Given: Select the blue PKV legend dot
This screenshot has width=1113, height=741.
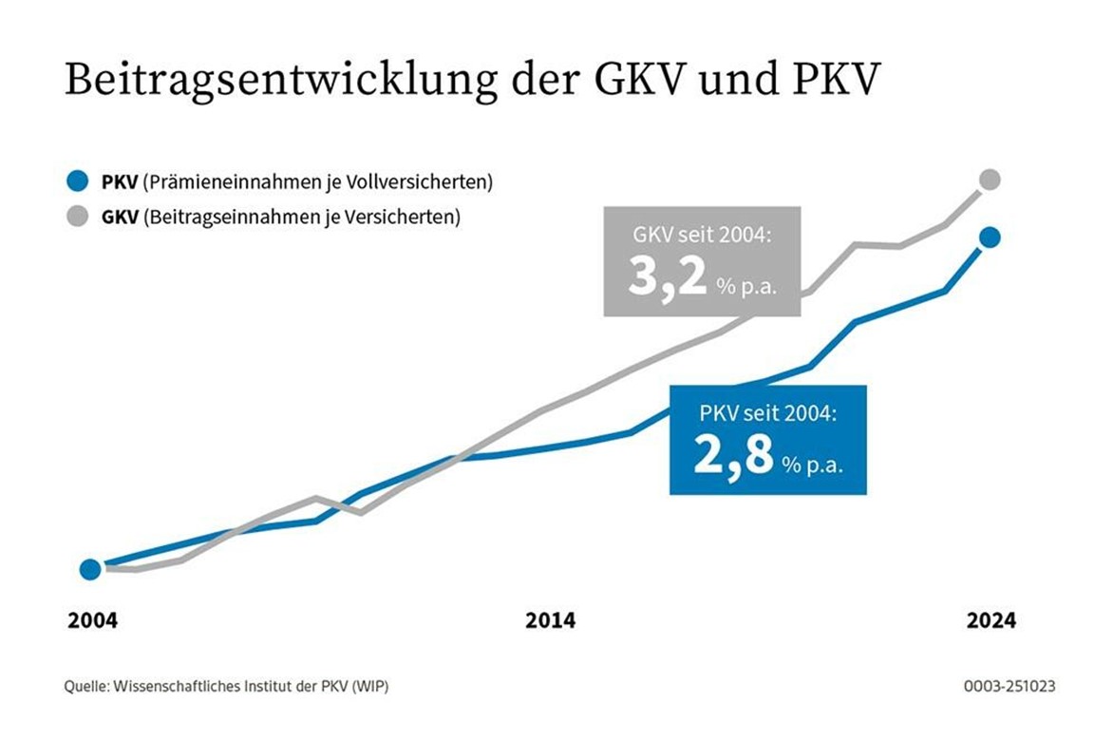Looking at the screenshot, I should (78, 180).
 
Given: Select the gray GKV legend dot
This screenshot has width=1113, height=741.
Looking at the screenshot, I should (78, 217).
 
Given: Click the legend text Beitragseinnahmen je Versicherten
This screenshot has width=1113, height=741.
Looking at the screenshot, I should (301, 217).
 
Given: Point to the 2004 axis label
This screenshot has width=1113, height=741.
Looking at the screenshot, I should (92, 621).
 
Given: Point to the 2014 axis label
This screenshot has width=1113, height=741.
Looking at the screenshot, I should (550, 621).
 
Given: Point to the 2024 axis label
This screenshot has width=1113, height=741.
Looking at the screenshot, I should (990, 621).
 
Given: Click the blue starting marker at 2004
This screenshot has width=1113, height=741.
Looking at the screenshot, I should (90, 569).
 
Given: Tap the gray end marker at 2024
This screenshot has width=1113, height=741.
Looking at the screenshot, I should (990, 179).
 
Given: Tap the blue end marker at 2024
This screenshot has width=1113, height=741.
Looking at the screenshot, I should (990, 237).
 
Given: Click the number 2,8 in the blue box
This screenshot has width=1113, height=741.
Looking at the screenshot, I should (733, 456).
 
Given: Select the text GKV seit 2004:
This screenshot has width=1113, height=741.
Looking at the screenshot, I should (702, 233).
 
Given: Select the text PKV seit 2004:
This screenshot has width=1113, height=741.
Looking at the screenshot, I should (767, 413).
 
